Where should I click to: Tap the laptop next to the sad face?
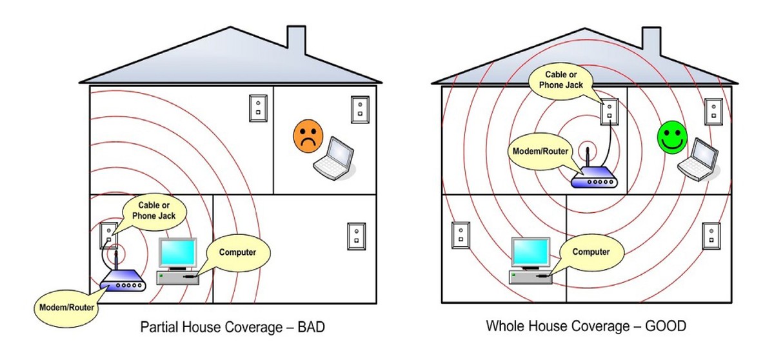[335, 157]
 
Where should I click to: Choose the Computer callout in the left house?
[237, 252]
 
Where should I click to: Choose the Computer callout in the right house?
[591, 252]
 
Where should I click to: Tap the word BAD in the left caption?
[310, 328]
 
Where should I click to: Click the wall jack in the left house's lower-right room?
[356, 236]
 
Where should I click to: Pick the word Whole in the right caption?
[504, 326]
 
